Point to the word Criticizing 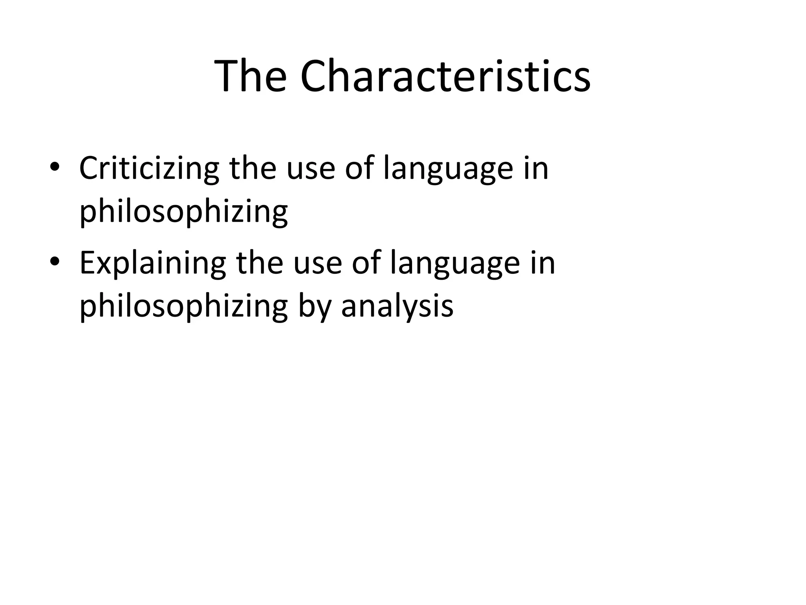(149, 169)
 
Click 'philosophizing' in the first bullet (183, 213)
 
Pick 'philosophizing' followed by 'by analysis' (183, 307)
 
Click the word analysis (397, 307)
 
